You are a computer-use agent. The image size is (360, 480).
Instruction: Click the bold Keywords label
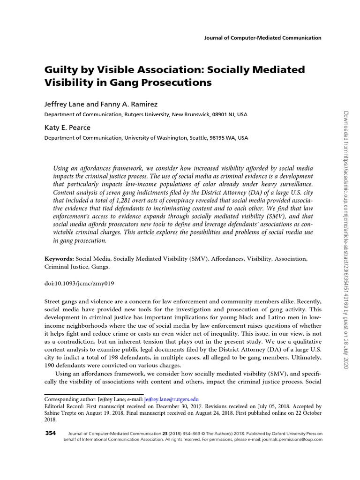coord(59,258)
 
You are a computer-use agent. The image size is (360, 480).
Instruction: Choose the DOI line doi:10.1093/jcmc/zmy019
coord(79,284)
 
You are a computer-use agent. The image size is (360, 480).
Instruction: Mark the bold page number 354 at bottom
coord(51,434)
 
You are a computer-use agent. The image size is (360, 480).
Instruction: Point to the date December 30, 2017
coord(178,407)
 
